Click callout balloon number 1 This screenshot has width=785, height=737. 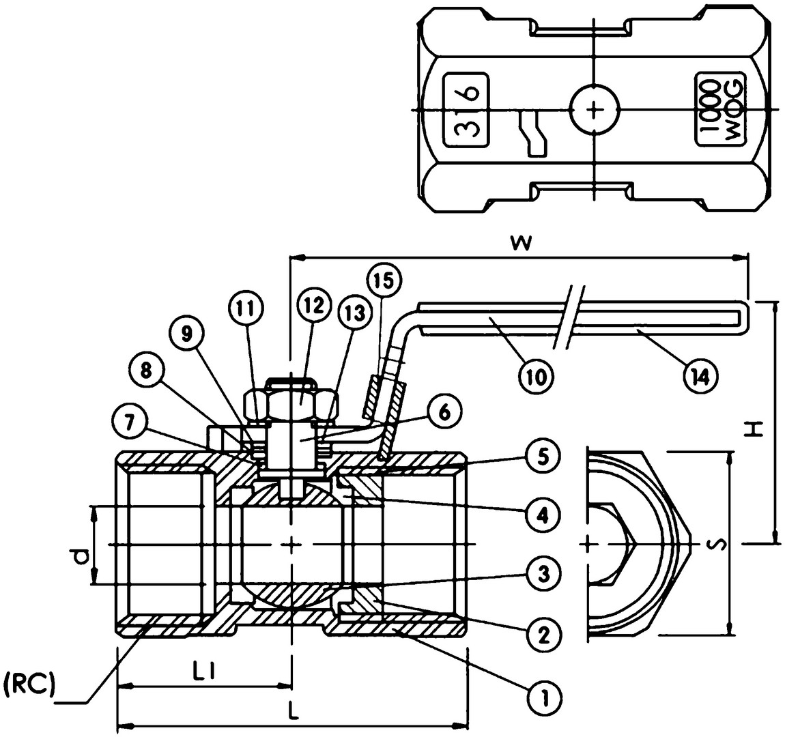pyautogui.click(x=545, y=695)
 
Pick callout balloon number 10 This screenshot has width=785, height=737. pyautogui.click(x=536, y=376)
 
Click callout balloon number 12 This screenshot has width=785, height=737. pyautogui.click(x=313, y=306)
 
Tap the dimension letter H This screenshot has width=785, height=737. pyautogui.click(x=758, y=429)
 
